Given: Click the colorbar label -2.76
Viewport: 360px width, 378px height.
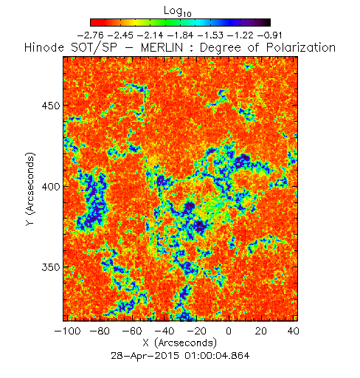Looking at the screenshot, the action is point(90,35).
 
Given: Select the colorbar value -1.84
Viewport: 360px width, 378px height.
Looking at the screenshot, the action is point(180,35).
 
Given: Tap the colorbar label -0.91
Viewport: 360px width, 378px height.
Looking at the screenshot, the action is point(270,35).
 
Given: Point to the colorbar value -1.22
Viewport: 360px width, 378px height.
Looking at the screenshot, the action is point(240,35).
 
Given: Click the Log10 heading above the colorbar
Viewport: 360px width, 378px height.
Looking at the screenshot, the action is point(177,12).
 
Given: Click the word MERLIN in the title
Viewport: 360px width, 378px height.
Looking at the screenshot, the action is point(162,47).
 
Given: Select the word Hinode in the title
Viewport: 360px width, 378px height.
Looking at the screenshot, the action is point(44,47).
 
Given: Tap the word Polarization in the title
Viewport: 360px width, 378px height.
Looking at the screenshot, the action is point(301,47).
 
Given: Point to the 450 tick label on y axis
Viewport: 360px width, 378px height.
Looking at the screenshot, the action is point(51,106).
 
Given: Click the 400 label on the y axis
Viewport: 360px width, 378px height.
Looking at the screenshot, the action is point(51,187).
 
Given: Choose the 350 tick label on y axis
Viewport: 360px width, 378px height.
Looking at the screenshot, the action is point(51,267).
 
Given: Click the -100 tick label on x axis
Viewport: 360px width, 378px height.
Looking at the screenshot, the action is point(67,331).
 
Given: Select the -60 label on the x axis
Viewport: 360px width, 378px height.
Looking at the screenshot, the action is point(132,331).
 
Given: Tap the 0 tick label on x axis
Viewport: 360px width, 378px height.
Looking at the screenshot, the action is point(229,331).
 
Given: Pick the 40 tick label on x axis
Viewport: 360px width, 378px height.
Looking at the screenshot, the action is point(293,331).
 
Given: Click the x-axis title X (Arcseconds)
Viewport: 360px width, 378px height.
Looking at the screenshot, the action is point(179,343).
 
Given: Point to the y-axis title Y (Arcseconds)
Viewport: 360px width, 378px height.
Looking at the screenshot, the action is point(30,189).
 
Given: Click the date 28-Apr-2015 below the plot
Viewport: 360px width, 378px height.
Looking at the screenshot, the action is point(145,356).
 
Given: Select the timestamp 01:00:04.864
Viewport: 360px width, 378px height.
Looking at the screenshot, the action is point(217,356).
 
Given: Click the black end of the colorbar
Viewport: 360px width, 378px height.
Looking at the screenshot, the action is point(267,22).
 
